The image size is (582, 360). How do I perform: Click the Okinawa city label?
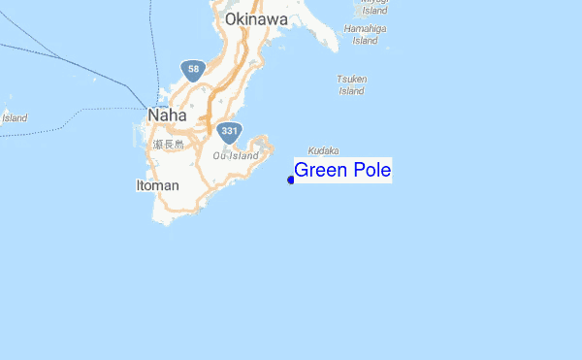click(256, 18)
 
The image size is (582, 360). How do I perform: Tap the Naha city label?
click(168, 115)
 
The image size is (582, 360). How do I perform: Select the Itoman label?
click(158, 184)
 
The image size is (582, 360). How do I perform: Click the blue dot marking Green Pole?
click(291, 180)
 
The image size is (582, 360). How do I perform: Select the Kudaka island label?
click(323, 150)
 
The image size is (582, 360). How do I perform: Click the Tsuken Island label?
click(351, 84)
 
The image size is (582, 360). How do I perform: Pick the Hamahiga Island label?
click(365, 35)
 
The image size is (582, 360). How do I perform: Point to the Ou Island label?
click(236, 156)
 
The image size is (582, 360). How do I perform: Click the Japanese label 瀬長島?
click(168, 144)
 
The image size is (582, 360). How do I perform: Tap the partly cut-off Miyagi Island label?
click(373, 3)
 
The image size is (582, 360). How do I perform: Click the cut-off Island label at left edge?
click(13, 118)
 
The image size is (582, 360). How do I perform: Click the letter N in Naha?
click(153, 115)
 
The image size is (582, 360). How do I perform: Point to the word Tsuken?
click(351, 79)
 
